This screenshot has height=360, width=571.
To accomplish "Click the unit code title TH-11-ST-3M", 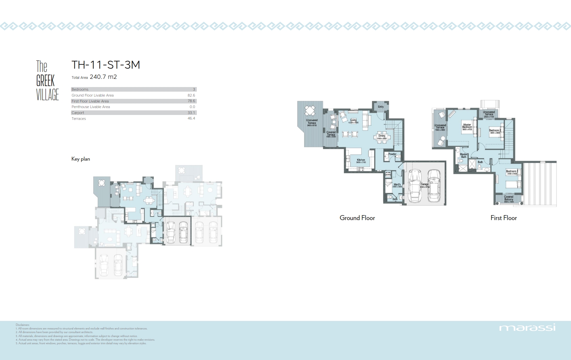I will (106, 65).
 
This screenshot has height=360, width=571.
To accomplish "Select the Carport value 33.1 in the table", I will (191, 113).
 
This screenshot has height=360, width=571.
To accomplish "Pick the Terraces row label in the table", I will (79, 119).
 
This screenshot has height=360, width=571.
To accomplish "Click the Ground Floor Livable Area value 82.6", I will (191, 95).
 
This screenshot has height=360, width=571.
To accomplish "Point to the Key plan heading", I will (80, 159).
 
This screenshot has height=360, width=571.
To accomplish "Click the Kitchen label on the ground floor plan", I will (361, 160).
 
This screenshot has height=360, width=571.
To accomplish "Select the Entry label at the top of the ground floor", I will (380, 107).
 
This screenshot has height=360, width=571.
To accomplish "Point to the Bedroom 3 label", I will (512, 171).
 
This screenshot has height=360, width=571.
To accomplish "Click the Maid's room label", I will (397, 185).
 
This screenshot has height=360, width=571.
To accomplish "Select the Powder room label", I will (392, 154).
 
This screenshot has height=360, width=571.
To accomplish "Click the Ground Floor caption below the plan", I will (357, 218).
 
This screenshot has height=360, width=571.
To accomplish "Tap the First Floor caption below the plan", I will (503, 218).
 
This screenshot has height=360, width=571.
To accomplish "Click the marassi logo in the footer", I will (527, 327).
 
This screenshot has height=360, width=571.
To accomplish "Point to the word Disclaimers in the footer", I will (22, 325).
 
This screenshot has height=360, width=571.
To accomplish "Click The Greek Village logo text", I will (47, 80).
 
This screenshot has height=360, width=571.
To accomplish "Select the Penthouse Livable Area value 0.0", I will (192, 107).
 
